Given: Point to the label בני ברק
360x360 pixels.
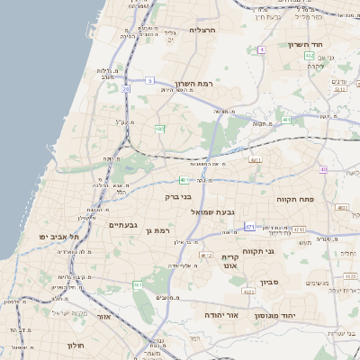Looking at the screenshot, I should tap(179, 196).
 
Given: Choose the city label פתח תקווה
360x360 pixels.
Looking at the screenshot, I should tap(294, 198).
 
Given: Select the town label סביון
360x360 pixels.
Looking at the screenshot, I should tap(271, 283).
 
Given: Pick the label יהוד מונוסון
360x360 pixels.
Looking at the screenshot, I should tap(289, 317).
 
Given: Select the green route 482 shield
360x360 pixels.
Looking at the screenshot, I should tap(159, 130).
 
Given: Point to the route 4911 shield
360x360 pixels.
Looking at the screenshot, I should tap(256, 160).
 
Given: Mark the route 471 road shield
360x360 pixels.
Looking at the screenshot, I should tap(249, 226).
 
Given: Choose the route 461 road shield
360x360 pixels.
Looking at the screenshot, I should tap(139, 285).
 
